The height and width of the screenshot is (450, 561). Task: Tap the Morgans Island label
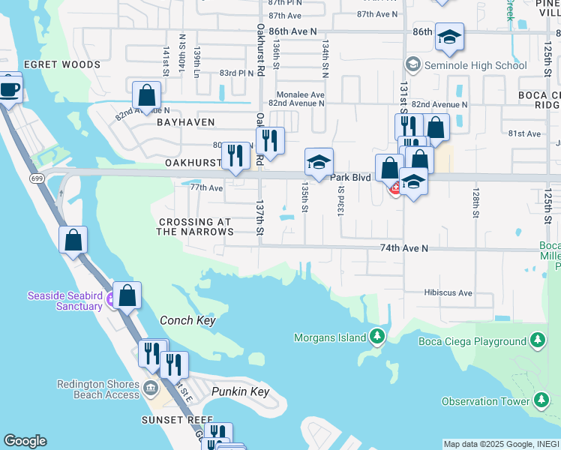(x=329, y=337)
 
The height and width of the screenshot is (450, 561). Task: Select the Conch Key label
(x=187, y=320)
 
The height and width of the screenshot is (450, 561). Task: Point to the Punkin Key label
(x=240, y=392)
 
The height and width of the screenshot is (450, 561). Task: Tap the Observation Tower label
(x=485, y=402)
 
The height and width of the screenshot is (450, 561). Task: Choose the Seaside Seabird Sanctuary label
(x=64, y=301)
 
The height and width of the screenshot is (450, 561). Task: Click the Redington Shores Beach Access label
(x=98, y=389)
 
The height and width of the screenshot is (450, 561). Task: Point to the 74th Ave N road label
(x=403, y=247)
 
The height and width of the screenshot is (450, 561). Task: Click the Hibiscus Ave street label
(x=448, y=292)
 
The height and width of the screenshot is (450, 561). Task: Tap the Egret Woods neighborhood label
(x=61, y=65)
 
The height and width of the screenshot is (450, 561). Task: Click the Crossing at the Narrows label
(x=195, y=227)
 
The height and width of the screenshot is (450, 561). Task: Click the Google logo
(x=25, y=441)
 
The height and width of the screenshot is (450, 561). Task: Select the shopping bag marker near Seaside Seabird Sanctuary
(x=127, y=295)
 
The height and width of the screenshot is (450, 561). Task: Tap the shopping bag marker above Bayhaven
(x=147, y=95)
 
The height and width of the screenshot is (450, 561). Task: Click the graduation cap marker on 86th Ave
(x=449, y=37)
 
